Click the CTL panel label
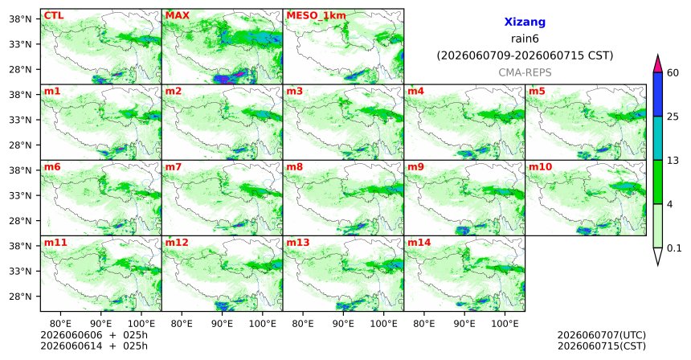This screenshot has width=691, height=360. (x=53, y=16)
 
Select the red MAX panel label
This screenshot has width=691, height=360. (x=177, y=16)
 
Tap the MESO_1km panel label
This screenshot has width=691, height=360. (x=316, y=16)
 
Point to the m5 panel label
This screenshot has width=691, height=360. (x=537, y=92)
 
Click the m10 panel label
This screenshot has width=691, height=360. (x=539, y=167)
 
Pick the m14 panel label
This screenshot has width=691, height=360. (x=418, y=243)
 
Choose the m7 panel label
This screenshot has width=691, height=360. (x=174, y=167)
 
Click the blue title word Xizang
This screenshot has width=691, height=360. (x=525, y=22)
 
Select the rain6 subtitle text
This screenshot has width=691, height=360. (x=525, y=39)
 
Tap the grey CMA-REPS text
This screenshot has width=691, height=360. (x=525, y=72)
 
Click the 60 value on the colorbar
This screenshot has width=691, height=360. (x=673, y=72)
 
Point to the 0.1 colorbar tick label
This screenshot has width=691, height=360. (x=674, y=248)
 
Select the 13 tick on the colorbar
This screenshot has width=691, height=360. (x=673, y=161)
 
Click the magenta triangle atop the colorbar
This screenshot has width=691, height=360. (x=658, y=64)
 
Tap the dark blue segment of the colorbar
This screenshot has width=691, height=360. (x=658, y=94)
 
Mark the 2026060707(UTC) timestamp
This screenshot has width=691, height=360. (x=602, y=336)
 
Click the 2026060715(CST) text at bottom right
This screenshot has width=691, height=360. (x=602, y=346)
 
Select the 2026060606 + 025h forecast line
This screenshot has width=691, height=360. (x=94, y=335)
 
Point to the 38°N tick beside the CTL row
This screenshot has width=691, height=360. (x=22, y=19)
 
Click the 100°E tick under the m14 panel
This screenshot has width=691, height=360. (x=505, y=324)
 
